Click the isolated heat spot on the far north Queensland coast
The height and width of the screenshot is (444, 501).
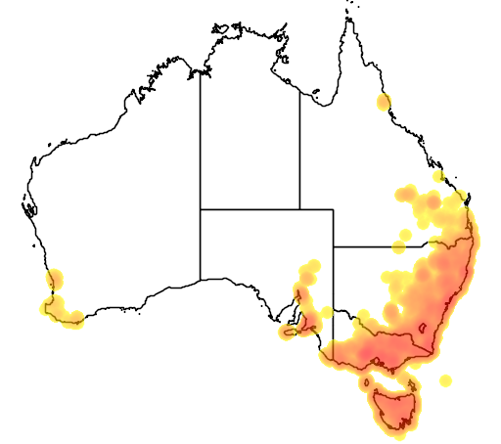coord(383,102)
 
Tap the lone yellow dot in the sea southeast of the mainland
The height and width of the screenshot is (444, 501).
coord(446,379)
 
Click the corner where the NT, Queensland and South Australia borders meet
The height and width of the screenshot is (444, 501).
coord(299,208)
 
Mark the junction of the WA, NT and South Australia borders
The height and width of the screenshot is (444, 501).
coord(201,208)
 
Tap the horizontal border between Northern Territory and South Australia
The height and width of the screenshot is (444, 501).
coord(250,208)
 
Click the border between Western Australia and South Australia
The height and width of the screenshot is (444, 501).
coord(201,244)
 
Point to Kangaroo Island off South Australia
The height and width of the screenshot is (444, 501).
coord(290,333)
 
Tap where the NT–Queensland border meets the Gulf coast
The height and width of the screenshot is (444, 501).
coord(299,87)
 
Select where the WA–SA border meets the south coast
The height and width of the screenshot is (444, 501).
coord(201,280)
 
